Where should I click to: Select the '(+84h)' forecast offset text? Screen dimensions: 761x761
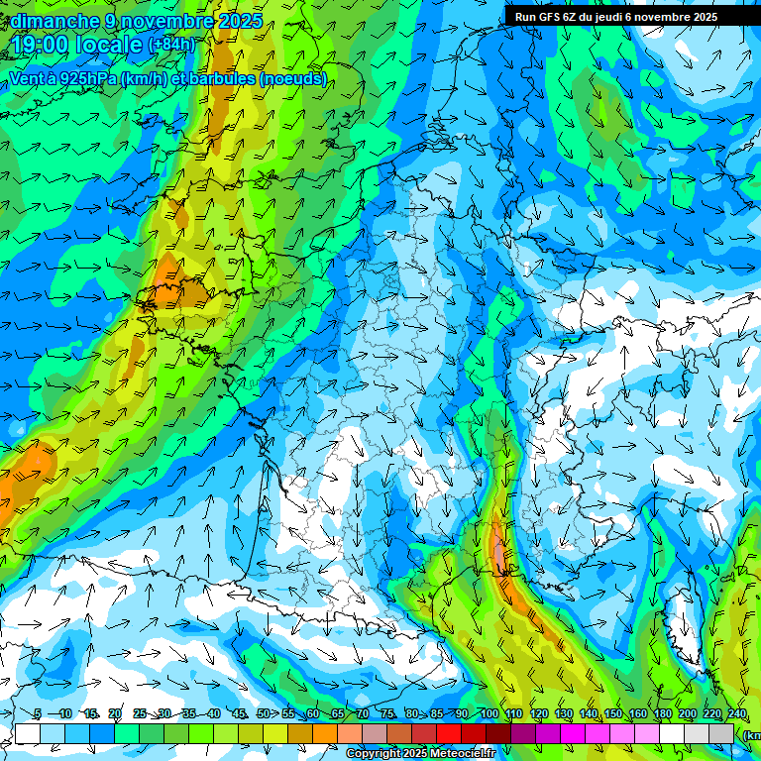point(171,46)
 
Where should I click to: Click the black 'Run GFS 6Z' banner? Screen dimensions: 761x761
point(624,17)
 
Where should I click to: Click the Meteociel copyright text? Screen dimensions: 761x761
point(420,754)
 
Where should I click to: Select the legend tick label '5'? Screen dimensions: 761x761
point(38,713)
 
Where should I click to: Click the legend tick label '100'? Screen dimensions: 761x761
point(489,713)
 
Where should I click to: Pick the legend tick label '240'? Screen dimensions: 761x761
point(736,713)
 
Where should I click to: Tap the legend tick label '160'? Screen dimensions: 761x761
point(637,713)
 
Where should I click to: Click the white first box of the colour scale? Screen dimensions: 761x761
point(28,733)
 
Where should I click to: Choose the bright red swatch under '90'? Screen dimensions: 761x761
point(449,733)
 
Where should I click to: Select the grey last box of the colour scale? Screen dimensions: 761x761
point(721,733)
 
